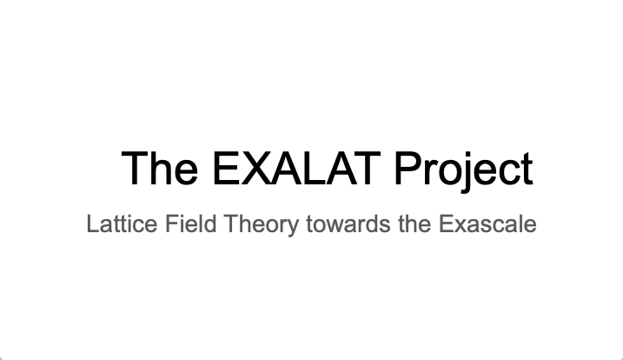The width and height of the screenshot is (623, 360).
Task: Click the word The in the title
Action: pyautogui.click(x=159, y=169)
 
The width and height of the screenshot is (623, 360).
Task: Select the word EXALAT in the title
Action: pyautogui.click(x=296, y=169)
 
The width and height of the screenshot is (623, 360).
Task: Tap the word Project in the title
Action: pyautogui.click(x=464, y=172)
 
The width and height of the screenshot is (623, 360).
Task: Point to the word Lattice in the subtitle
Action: pyautogui.click(x=122, y=223)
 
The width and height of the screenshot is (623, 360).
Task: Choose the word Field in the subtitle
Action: pyautogui.click(x=190, y=223)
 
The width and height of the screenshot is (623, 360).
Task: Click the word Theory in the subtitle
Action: pyautogui.click(x=261, y=225)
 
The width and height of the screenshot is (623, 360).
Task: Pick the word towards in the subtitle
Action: pyautogui.click(x=348, y=224)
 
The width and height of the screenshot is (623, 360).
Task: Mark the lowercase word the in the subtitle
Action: pyautogui.click(x=414, y=224)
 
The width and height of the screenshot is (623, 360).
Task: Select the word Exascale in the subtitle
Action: pyautogui.click(x=488, y=224)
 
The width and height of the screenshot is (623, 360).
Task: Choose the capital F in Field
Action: pyautogui.click(x=171, y=223)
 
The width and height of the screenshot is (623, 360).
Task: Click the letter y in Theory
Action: pyautogui.click(x=292, y=229)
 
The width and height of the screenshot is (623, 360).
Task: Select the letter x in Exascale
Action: pyautogui.click(x=461, y=226)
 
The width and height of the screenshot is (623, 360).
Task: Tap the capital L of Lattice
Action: pyautogui.click(x=93, y=223)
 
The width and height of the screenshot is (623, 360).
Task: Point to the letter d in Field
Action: pyautogui.click(x=210, y=223)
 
